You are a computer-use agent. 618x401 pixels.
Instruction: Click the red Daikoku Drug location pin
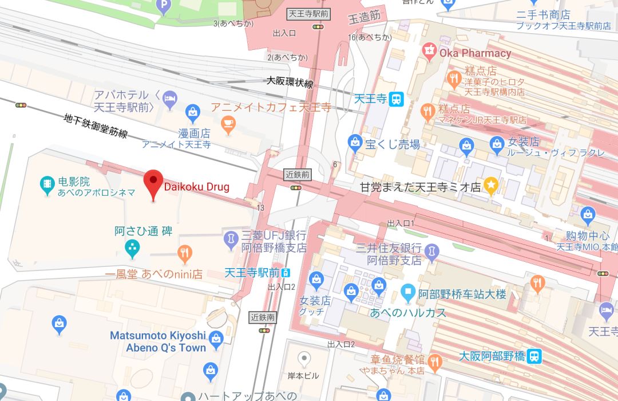[x=153, y=182]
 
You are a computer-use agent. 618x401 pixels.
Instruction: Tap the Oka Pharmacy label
[x=474, y=53]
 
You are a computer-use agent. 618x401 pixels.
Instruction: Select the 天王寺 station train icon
[x=396, y=99]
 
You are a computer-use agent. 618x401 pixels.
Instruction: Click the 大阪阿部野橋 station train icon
[x=534, y=356]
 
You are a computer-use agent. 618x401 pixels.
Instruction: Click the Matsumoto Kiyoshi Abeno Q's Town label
[x=157, y=341]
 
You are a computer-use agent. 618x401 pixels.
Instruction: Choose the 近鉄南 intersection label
[x=263, y=317]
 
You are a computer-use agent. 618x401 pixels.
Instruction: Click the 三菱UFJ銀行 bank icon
[x=230, y=237]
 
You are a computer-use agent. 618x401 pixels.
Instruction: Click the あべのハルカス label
[x=408, y=313]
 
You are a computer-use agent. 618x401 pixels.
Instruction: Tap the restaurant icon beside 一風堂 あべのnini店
[x=184, y=253]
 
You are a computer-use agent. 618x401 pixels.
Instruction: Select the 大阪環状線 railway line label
[x=290, y=82]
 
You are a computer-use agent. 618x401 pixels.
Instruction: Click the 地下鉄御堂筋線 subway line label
[x=95, y=125]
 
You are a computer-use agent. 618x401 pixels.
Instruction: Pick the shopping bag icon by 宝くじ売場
[x=355, y=141]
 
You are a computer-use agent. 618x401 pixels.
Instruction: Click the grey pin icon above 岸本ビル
[x=305, y=359]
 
